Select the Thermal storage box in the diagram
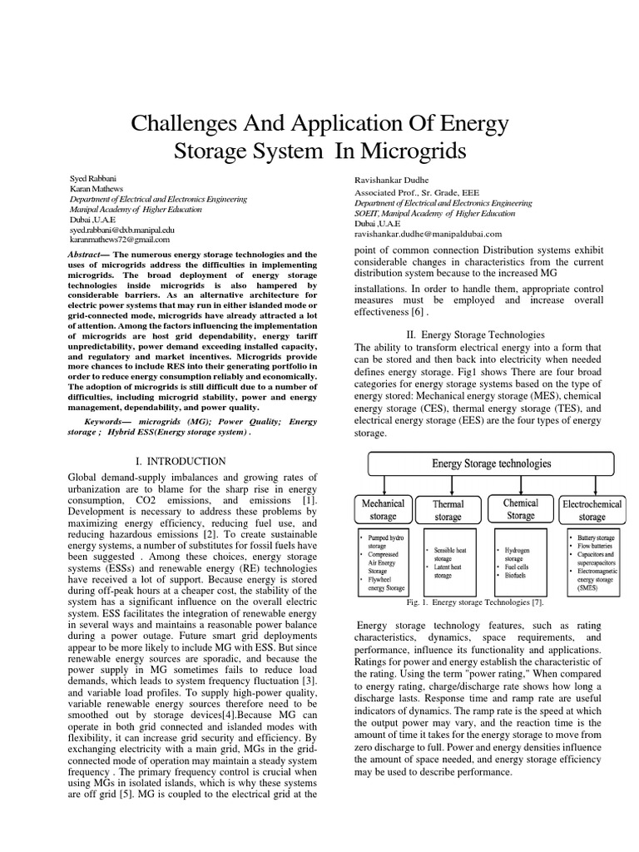[x=448, y=511]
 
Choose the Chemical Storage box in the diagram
[x=521, y=509]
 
